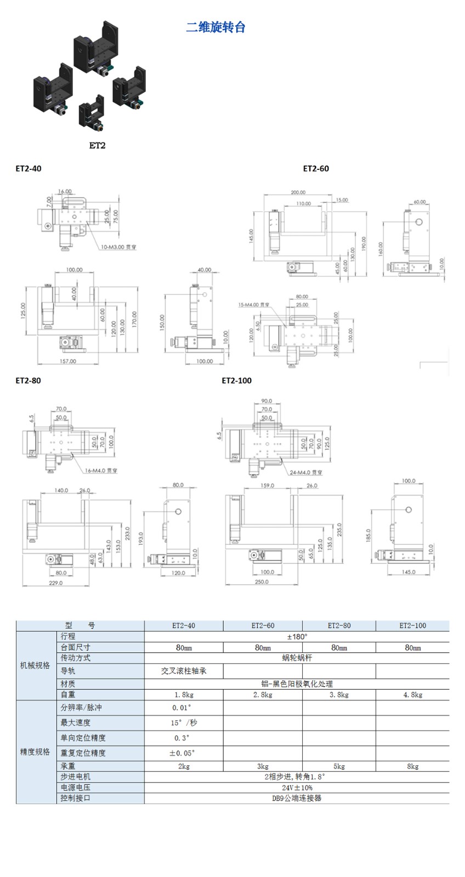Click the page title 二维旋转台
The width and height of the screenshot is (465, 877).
pos(216,27)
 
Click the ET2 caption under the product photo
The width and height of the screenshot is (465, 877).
pos(97,145)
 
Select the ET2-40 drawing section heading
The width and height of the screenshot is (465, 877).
pos(29,168)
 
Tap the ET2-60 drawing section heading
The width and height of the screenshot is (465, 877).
pos(316,168)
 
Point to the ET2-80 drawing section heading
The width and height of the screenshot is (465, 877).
pos(29,380)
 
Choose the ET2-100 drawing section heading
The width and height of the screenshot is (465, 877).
pos(237,380)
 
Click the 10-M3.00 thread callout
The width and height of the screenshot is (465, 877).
pos(118,247)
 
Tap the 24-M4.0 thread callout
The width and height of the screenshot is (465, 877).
pos(305,472)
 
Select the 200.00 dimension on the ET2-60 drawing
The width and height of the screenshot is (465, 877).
pos(298,192)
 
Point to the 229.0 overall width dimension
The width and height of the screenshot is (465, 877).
pos(56,583)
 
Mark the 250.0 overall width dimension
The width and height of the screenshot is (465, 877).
pos(262,582)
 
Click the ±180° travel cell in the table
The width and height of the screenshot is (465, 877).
pos(297,637)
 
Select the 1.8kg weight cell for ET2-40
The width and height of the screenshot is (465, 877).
pos(184,694)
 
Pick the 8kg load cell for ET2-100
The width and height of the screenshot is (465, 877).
pos(412,766)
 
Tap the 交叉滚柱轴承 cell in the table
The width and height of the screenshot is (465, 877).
pos(184,671)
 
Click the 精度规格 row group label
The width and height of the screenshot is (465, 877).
pos(35,751)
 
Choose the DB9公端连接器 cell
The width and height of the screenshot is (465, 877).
pos(297,798)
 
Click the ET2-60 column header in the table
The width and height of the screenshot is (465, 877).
pos(263,625)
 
